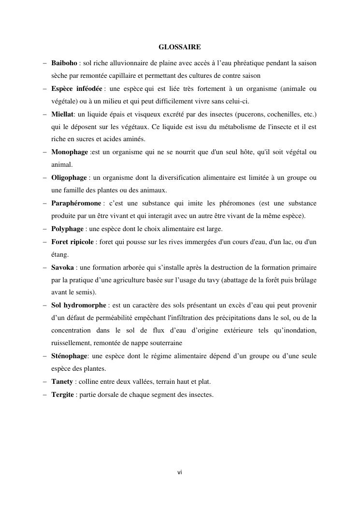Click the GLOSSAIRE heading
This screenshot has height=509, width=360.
click(180, 47)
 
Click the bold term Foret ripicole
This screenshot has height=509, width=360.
click(72, 241)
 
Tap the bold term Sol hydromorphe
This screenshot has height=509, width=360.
click(79, 305)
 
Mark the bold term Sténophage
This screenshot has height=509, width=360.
click(69, 356)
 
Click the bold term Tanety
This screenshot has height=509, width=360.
click(62, 381)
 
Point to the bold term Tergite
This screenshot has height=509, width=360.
click(62, 394)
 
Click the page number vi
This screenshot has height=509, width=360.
click(180, 472)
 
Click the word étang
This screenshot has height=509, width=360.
click(60, 254)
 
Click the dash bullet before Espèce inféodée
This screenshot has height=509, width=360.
click(44, 89)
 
